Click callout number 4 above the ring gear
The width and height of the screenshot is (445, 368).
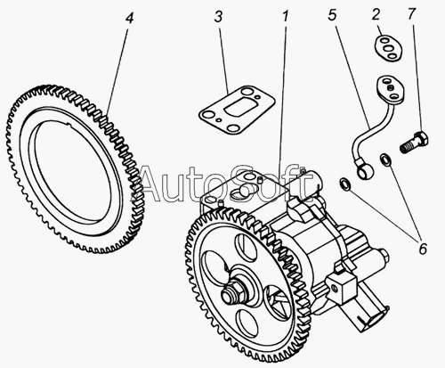point(130,18)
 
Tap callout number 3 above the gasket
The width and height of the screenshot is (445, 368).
point(218,17)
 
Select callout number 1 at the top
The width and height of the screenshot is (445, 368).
point(286,17)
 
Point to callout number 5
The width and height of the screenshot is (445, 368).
point(332,15)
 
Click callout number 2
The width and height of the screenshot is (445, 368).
point(376,14)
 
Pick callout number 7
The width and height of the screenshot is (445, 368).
point(412,14)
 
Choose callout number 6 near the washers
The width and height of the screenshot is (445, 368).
point(422,249)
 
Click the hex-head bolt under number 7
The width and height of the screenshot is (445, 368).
point(414,143)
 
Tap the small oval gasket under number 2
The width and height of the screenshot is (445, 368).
point(388,47)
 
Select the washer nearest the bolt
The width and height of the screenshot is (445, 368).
point(386,159)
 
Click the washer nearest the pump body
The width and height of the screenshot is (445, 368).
point(345,184)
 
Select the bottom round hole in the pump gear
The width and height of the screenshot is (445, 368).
point(248,323)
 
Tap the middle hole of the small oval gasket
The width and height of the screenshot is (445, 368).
point(388,48)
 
